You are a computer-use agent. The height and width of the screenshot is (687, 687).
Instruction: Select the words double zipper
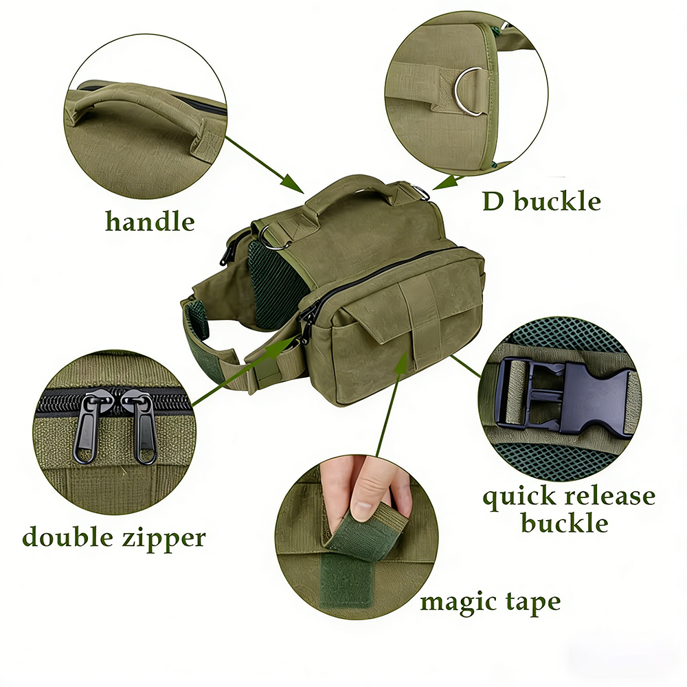(x=113, y=537)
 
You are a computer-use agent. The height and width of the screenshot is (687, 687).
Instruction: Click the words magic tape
(x=491, y=602)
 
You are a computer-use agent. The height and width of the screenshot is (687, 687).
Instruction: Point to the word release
(x=609, y=496)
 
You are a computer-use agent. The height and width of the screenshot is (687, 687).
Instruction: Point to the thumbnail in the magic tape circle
(x=363, y=509)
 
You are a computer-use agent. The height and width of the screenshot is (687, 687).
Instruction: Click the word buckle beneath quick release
(x=565, y=522)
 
